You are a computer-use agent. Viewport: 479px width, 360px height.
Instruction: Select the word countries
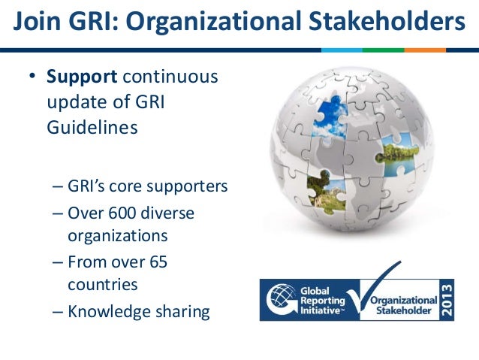(103, 286)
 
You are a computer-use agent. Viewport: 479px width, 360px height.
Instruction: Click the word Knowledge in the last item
(107, 310)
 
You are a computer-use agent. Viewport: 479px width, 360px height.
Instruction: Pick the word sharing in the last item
(180, 310)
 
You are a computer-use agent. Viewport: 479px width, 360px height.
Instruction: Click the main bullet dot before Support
(32, 77)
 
